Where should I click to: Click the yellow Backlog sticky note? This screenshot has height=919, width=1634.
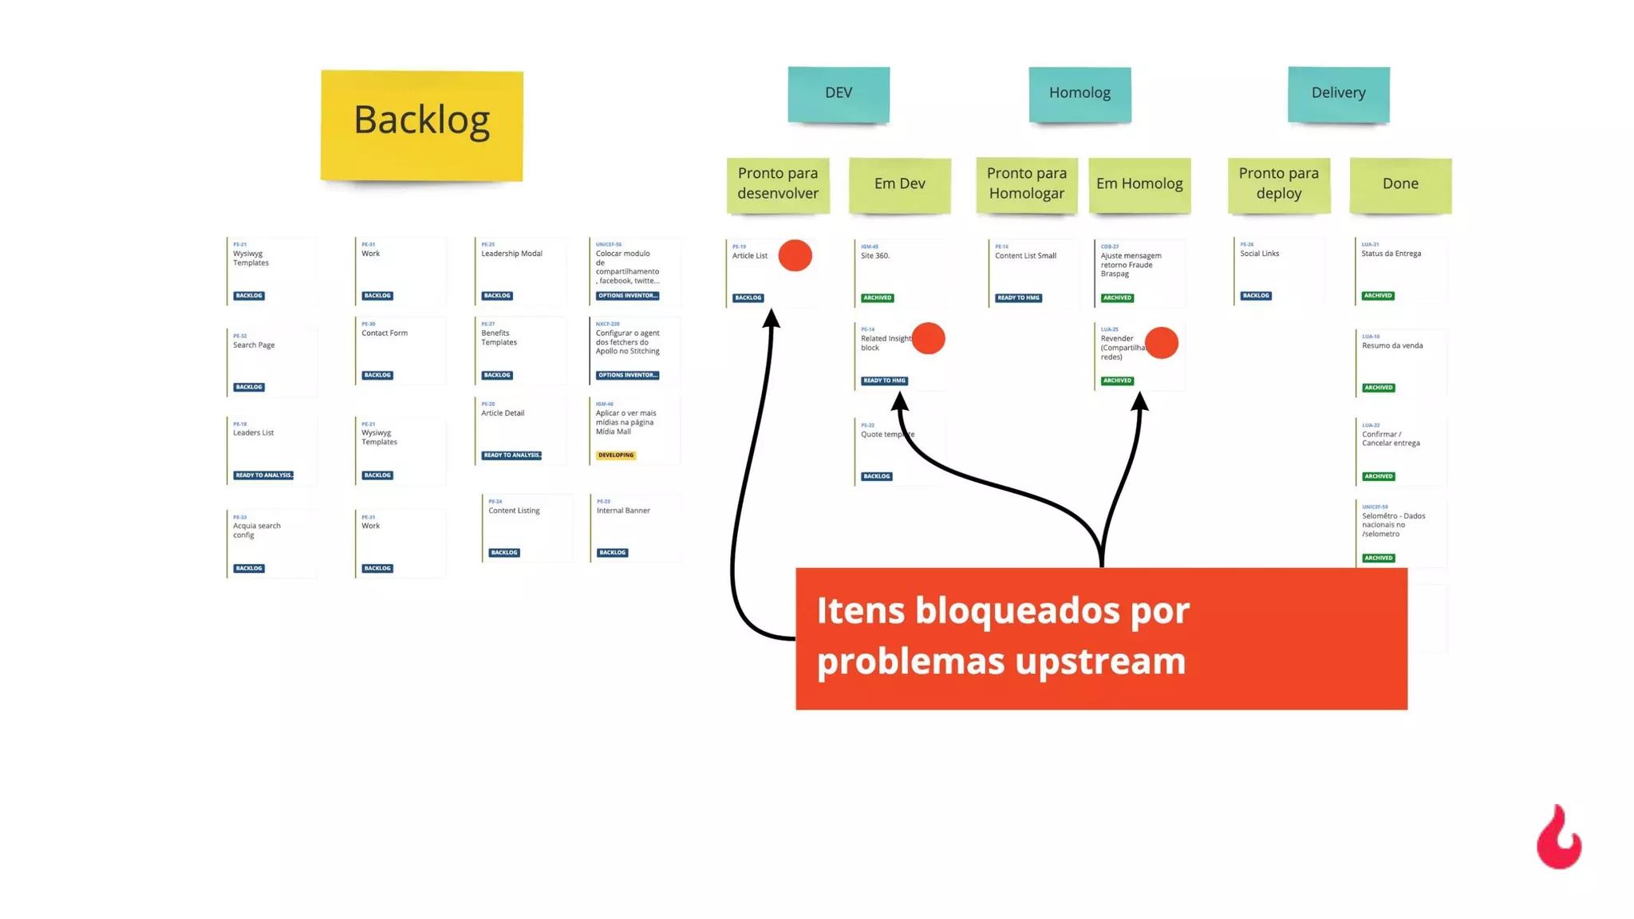click(421, 125)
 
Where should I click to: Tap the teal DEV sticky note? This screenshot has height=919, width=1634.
click(839, 93)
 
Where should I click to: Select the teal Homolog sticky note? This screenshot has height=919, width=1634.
click(1079, 93)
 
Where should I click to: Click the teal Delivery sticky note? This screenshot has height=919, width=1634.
click(1338, 93)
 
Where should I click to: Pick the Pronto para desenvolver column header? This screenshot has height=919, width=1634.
click(778, 184)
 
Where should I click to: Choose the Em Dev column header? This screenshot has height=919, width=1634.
click(899, 184)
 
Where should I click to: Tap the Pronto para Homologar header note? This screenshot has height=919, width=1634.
click(1026, 184)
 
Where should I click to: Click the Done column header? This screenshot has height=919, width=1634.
click(1400, 184)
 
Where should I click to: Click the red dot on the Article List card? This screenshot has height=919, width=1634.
click(795, 255)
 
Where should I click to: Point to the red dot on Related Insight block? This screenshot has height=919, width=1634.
click(928, 338)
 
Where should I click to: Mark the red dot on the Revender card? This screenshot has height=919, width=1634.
click(1161, 343)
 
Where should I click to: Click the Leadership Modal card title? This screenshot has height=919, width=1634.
click(511, 254)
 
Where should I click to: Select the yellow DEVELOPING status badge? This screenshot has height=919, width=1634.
click(616, 456)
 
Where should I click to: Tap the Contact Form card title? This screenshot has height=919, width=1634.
click(385, 333)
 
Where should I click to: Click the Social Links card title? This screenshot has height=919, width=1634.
click(1259, 254)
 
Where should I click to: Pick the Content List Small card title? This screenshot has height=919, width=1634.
click(1025, 256)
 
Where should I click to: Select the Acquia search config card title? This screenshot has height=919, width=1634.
click(256, 530)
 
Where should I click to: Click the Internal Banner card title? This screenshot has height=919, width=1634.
click(623, 511)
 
